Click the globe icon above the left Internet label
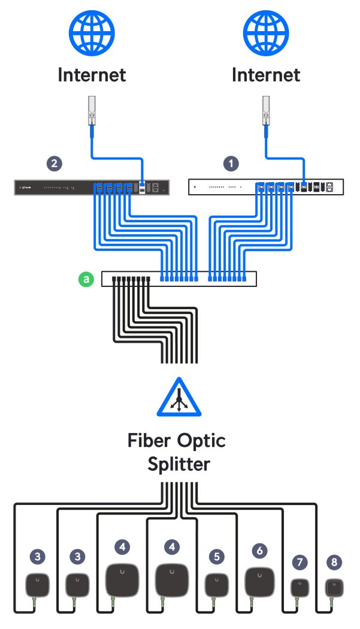[x=92, y=34]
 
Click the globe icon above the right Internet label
[x=265, y=34]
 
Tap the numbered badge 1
[x=229, y=162]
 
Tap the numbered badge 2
[x=55, y=162]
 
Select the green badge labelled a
[x=87, y=279]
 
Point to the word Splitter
[x=179, y=465]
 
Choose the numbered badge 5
[x=216, y=557]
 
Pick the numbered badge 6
[x=259, y=549]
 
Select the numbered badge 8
[x=334, y=563]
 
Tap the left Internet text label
[x=92, y=75]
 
